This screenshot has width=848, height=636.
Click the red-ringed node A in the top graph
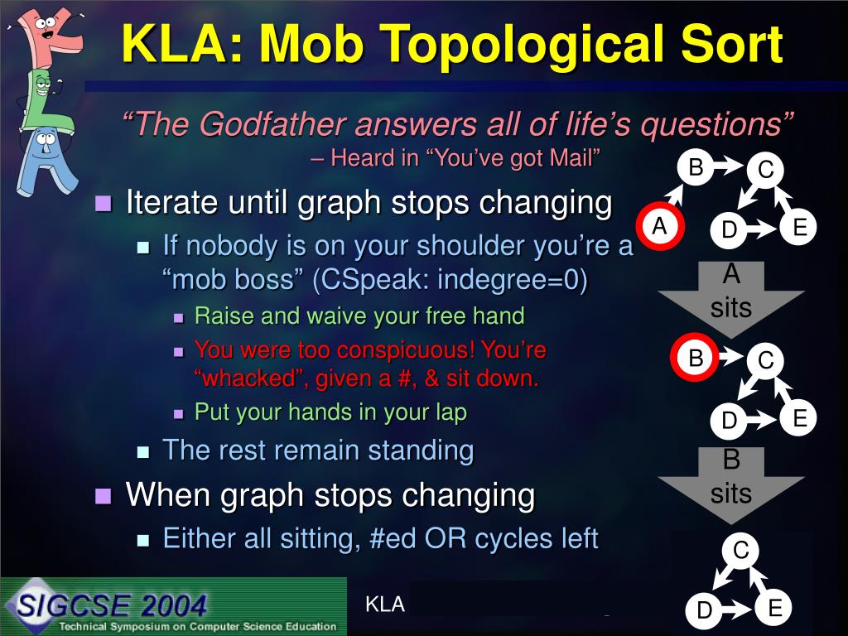659,225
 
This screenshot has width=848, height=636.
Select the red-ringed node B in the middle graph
695,358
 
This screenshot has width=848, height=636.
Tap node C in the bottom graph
740,551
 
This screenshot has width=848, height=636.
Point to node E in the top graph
798,227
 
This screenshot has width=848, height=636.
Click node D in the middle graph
729,420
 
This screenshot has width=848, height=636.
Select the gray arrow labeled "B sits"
731,483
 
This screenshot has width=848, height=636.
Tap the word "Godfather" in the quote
273,124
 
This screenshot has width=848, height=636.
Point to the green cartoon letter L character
46,99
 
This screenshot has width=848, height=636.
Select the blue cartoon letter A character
46,161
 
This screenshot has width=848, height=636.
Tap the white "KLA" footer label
385,604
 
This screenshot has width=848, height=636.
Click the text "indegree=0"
512,280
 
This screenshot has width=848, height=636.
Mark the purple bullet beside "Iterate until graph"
104,204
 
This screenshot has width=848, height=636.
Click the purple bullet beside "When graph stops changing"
104,495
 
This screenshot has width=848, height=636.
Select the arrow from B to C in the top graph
730,165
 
